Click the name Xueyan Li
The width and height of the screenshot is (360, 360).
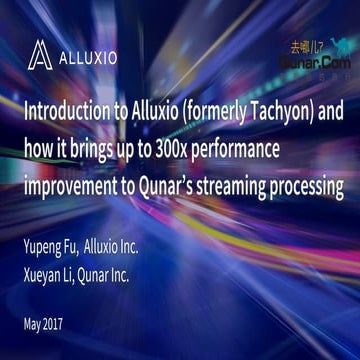48,246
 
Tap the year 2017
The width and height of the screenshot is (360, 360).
62,296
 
